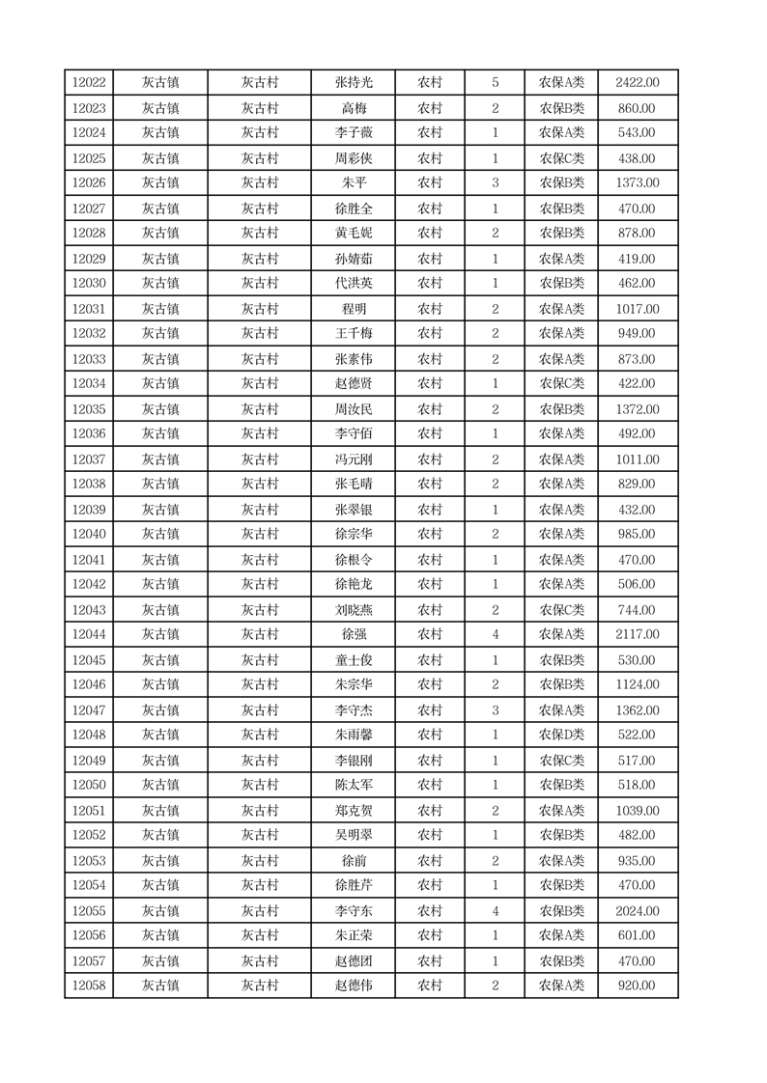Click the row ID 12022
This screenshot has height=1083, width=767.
[x=89, y=83]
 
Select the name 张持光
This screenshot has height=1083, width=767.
[x=354, y=83]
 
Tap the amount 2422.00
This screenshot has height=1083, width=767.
[x=638, y=83]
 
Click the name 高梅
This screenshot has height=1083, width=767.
[x=354, y=108]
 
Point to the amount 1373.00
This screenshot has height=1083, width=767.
[x=638, y=183]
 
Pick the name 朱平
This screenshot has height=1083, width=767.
[x=354, y=183]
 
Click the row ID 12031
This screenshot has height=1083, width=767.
[x=89, y=309]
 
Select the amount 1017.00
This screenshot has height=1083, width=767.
[x=638, y=309]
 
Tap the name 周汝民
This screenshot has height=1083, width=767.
[x=354, y=409]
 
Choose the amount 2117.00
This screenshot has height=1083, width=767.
[x=638, y=634]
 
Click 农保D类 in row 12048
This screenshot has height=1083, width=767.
[x=561, y=735]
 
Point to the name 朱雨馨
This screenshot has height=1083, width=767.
[x=354, y=735]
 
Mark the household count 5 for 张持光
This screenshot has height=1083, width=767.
[x=495, y=83]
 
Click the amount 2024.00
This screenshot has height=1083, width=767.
[x=638, y=910]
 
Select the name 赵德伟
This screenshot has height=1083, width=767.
[x=354, y=986]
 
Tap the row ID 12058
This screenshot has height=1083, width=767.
[x=89, y=986]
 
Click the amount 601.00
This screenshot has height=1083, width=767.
[x=638, y=935]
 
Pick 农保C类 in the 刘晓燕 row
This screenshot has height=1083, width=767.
[x=561, y=610]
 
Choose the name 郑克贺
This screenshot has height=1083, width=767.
[x=354, y=811]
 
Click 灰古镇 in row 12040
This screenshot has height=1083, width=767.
[x=160, y=534]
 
